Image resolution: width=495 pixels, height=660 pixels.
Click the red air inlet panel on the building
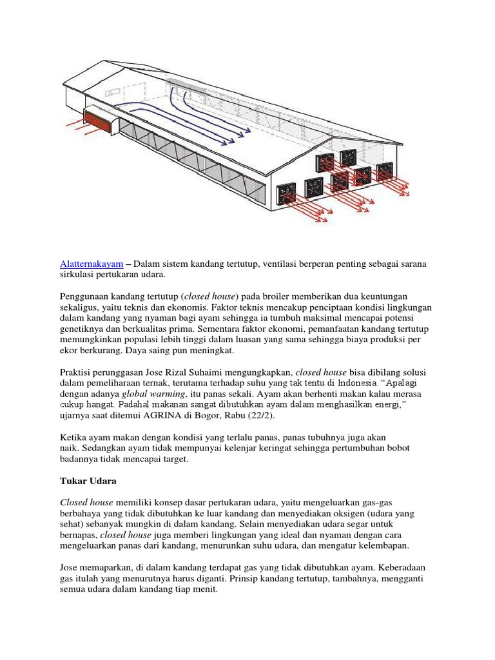[x=97, y=120]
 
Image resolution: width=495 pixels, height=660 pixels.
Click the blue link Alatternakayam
[x=92, y=265]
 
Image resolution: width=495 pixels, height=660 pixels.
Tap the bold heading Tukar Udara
[x=89, y=481]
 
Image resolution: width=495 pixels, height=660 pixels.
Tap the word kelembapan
[x=387, y=546]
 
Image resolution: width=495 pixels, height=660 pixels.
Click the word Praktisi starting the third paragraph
[x=79, y=373]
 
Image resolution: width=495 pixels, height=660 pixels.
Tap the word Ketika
[x=74, y=438]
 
